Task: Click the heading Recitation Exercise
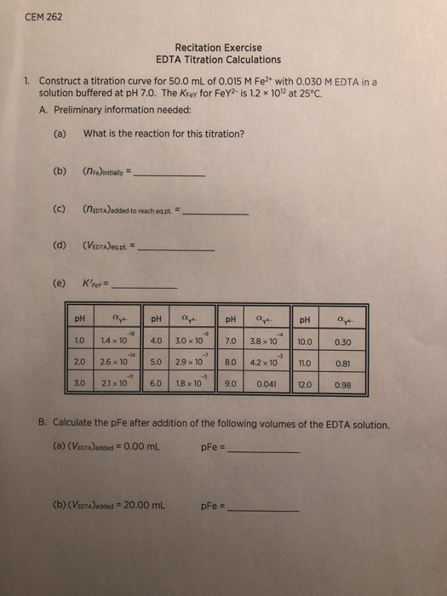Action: pyautogui.click(x=218, y=48)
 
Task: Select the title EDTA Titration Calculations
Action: pyautogui.click(x=218, y=60)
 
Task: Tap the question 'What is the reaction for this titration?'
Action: pyautogui.click(x=164, y=133)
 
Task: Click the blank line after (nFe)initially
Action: pyautogui.click(x=171, y=174)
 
